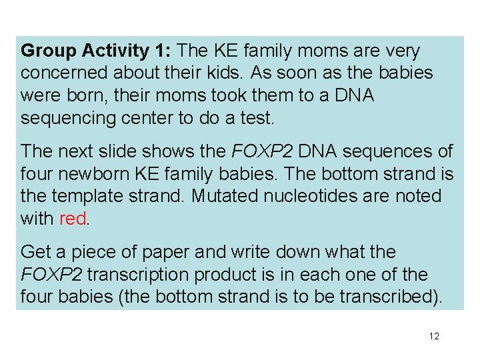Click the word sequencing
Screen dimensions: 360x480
(x=65, y=117)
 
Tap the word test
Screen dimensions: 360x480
(x=256, y=117)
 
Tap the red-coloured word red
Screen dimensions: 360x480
(x=73, y=218)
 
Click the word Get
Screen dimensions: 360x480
(x=36, y=253)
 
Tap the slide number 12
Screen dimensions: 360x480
(x=434, y=336)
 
